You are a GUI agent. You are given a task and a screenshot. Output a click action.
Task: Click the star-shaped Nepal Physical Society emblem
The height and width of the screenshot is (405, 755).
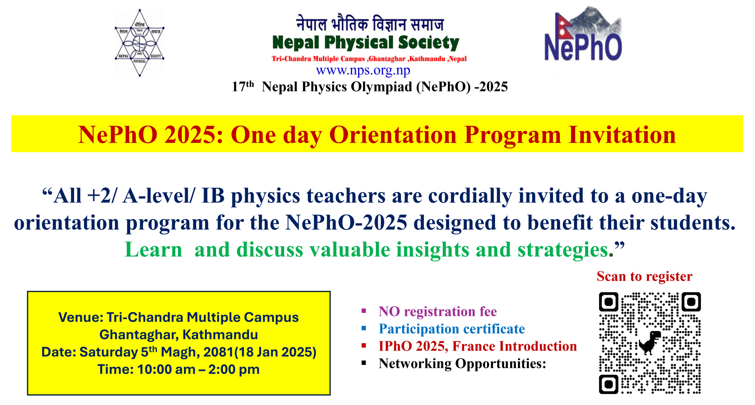tap(139, 43)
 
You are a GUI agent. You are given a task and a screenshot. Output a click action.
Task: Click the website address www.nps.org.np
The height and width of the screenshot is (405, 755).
tap(363, 70)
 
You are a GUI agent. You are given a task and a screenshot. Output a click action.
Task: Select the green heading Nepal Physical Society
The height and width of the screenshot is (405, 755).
tap(365, 43)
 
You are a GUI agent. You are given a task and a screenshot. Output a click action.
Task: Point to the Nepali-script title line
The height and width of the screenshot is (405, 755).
tap(370, 24)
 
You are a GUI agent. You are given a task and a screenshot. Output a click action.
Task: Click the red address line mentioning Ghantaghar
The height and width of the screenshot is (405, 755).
tap(369, 59)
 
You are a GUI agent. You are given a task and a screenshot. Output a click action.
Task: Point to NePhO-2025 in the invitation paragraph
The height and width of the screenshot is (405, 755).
tap(346, 223)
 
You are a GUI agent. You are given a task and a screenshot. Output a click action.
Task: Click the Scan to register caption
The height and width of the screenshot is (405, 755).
tap(644, 276)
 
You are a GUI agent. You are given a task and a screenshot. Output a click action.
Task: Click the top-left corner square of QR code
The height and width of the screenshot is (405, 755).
tap(609, 302)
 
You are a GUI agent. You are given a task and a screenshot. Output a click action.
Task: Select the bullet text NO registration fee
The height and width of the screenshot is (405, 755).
tap(437, 312)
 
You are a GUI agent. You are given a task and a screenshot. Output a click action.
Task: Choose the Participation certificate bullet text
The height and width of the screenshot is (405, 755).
tap(451, 329)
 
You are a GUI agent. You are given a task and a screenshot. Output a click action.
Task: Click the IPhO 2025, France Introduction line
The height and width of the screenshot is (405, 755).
tap(477, 346)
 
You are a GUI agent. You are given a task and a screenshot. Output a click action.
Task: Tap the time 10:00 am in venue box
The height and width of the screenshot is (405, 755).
tap(166, 369)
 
